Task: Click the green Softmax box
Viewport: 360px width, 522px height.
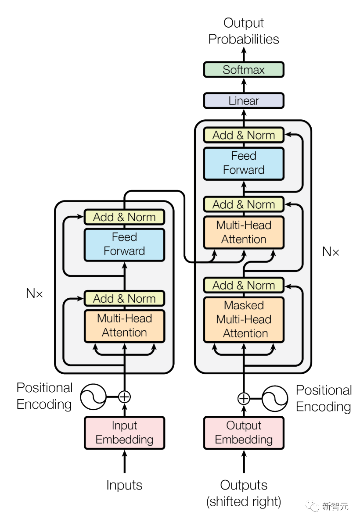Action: point(244,70)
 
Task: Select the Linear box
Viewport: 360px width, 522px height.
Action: point(244,101)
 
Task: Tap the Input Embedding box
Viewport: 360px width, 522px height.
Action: point(124,433)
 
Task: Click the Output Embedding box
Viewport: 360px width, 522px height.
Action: point(244,433)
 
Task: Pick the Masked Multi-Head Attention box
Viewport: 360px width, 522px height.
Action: point(244,319)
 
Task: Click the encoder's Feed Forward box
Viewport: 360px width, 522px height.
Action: point(124,244)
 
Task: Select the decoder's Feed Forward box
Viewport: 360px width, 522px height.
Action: point(244,163)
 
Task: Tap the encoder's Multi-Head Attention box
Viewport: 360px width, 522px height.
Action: point(124,325)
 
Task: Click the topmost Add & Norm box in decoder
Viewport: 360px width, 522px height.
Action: point(244,135)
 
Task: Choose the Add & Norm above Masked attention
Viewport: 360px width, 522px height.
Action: point(244,285)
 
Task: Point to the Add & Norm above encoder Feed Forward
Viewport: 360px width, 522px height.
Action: point(124,217)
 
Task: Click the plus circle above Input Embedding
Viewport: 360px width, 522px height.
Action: point(125,397)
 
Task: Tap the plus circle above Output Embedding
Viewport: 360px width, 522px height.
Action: point(244,399)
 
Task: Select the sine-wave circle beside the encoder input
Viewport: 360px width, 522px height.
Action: point(93,397)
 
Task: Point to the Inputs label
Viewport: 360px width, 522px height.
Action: point(124,485)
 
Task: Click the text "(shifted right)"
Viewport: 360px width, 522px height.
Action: point(244,501)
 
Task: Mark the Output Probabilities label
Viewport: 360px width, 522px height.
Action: point(244,31)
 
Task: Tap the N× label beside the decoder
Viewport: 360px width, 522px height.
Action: point(331,252)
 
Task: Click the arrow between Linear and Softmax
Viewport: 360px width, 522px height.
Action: point(244,86)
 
